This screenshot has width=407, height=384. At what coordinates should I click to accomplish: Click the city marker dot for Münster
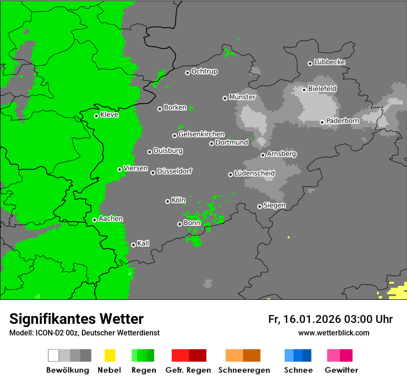pyautogui.click(x=225, y=98)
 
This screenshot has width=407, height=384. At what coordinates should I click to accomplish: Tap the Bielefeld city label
pyautogui.click(x=322, y=88)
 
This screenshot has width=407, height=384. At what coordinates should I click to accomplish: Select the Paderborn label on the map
pyautogui.click(x=342, y=121)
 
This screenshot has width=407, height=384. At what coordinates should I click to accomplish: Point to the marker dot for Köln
pyautogui.click(x=167, y=201)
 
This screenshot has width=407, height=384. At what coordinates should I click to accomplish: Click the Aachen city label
pyautogui.click(x=111, y=218)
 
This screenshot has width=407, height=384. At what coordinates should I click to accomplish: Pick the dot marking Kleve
pyautogui.click(x=96, y=116)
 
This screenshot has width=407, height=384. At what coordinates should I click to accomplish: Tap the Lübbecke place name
pyautogui.click(x=329, y=62)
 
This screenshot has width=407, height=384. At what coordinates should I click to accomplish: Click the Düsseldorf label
pyautogui.click(x=174, y=171)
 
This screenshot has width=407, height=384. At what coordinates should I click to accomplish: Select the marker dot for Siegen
pyautogui.click(x=259, y=206)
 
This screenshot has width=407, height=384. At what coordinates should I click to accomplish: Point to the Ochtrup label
pyautogui.click(x=204, y=71)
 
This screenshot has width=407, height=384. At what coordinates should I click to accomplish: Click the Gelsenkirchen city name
pyautogui.click(x=201, y=134)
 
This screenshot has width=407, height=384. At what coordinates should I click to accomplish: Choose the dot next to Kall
pyautogui.click(x=133, y=245)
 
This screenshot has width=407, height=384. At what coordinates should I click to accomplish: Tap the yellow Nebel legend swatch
pyautogui.click(x=110, y=355)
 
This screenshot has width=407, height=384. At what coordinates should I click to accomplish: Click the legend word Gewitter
pyautogui.click(x=341, y=370)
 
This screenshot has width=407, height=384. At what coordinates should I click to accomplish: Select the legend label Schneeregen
pyautogui.click(x=243, y=370)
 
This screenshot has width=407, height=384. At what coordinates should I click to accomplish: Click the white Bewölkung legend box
pyautogui.click(x=54, y=355)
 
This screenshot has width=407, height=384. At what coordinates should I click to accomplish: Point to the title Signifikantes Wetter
pyautogui.click(x=76, y=319)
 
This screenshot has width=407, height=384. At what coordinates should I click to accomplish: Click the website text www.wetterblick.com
pyautogui.click(x=333, y=333)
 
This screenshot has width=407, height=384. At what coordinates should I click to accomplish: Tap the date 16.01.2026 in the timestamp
pyautogui.click(x=311, y=319)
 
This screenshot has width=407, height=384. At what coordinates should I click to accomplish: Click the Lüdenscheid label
pyautogui.click(x=254, y=173)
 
